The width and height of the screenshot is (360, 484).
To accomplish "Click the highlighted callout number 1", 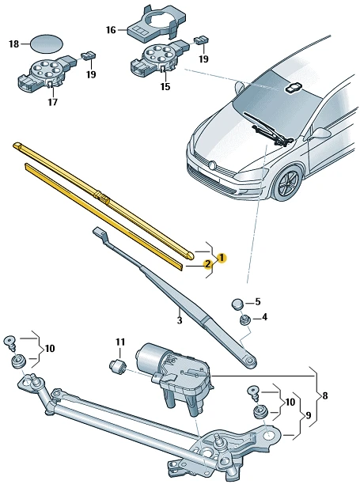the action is (222, 258).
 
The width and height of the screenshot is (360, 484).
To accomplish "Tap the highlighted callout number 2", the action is (207, 264).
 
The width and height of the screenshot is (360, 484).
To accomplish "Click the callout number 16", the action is (111, 30).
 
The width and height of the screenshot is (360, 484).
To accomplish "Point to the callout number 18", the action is (14, 43).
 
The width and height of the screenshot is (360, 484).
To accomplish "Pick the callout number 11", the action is (120, 342).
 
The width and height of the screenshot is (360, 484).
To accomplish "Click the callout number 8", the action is (325, 395).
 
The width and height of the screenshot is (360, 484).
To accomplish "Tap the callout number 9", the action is (308, 416).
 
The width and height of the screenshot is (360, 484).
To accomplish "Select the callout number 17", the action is (53, 102).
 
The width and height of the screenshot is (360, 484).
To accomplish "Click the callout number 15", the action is (165, 87).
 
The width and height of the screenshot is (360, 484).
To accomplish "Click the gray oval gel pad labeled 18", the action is (46, 43).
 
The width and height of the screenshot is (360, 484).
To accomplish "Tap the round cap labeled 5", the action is (237, 304).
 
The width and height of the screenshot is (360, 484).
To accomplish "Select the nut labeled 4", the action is (244, 320).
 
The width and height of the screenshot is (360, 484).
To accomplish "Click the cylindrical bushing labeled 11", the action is (117, 366).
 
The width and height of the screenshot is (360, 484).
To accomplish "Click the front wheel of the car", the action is (288, 183).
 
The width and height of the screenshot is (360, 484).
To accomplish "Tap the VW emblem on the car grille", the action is (212, 165).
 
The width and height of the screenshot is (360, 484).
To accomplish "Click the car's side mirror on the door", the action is (320, 134).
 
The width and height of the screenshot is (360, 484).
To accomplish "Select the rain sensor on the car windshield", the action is (292, 88).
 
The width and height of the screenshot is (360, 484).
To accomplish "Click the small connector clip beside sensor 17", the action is (89, 55).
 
